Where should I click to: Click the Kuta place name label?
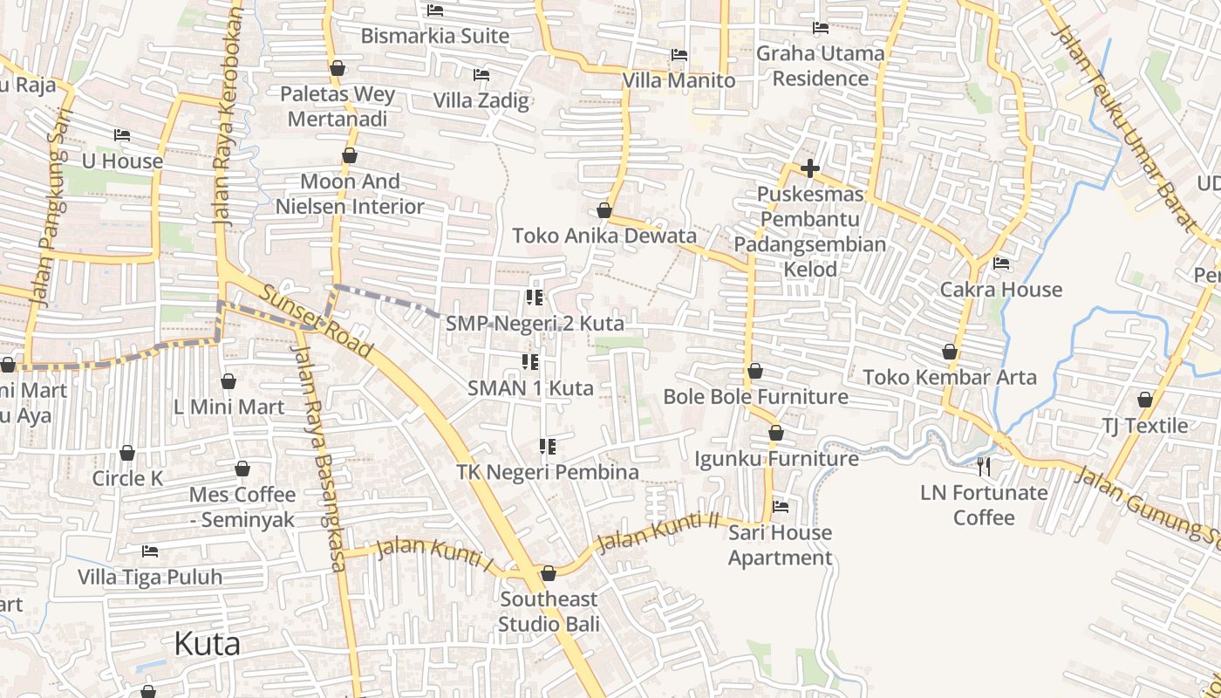pyautogui.click(x=207, y=644)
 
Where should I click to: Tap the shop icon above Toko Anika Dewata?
pyautogui.click(x=604, y=211)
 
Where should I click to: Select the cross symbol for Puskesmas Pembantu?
pyautogui.click(x=810, y=168)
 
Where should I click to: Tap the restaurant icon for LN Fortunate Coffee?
pyautogui.click(x=984, y=467)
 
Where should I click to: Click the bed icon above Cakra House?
pyautogui.click(x=1001, y=263)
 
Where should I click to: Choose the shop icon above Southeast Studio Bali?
pyautogui.click(x=549, y=573)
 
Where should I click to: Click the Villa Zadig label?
pyautogui.click(x=481, y=100)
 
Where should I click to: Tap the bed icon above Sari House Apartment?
pyautogui.click(x=781, y=506)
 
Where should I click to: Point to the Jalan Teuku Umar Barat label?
pyautogui.click(x=1125, y=122)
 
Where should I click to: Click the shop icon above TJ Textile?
pyautogui.click(x=1144, y=400)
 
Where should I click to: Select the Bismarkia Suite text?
pyautogui.click(x=434, y=36)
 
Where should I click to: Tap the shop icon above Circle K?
pyautogui.click(x=127, y=453)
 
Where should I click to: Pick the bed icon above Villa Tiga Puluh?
pyautogui.click(x=150, y=551)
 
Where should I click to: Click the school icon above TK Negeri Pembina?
pyautogui.click(x=547, y=447)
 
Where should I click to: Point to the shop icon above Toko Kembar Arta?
pyautogui.click(x=950, y=352)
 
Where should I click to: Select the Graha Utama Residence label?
pyautogui.click(x=820, y=65)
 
